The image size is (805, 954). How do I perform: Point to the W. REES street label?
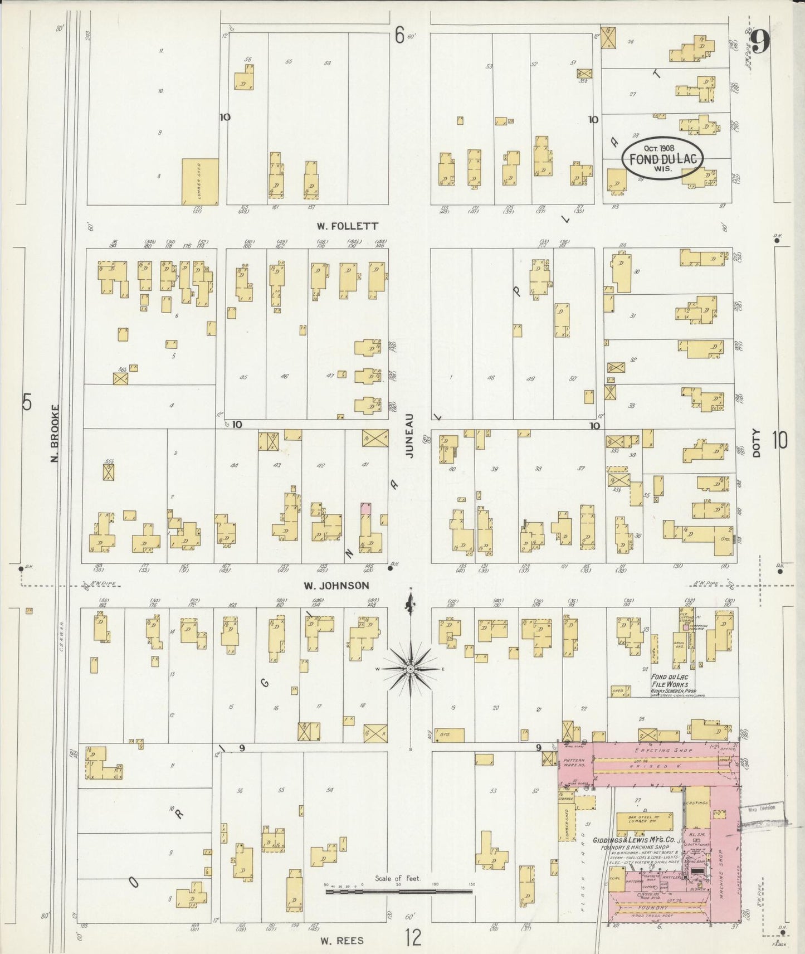click(x=342, y=941)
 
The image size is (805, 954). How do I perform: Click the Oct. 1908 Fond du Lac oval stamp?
click(x=662, y=158)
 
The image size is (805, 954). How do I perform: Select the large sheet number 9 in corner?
click(x=760, y=42)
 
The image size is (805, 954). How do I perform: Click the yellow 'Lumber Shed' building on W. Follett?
click(x=200, y=181)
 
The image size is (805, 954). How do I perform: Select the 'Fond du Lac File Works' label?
click(x=669, y=680)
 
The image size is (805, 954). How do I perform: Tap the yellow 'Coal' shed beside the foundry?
click(x=615, y=880)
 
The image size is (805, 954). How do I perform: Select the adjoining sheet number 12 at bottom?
click(x=413, y=940)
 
